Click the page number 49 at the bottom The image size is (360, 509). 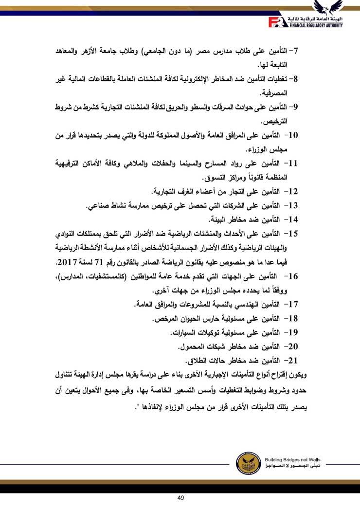coord(180,497)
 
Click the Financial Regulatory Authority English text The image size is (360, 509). coord(316,24)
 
